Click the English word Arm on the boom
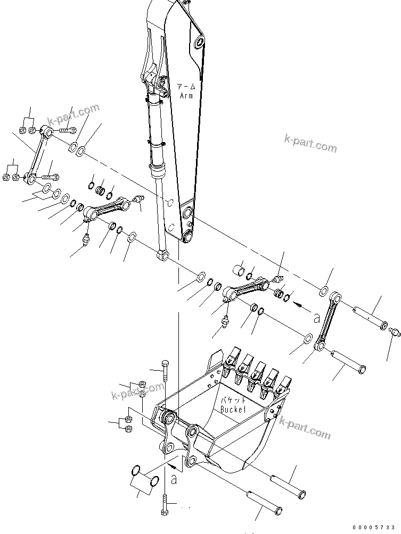186,95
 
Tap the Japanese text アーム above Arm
186,87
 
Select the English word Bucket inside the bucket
232,410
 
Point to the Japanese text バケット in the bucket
233,400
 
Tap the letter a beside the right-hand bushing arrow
316,318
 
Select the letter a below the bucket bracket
174,479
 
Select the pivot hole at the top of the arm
199,42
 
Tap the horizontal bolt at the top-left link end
66,130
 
